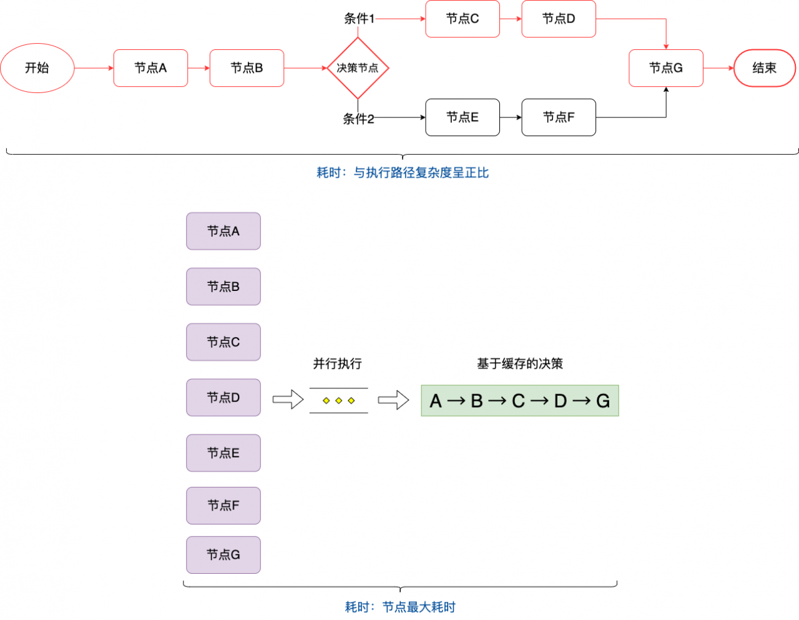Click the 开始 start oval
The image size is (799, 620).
click(37, 68)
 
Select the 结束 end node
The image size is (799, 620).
click(765, 68)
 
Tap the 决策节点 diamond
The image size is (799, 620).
click(358, 68)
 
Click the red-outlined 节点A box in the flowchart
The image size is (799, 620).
click(150, 68)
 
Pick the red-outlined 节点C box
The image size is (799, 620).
click(463, 19)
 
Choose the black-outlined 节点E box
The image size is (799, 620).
click(463, 117)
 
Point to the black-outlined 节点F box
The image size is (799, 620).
click(559, 117)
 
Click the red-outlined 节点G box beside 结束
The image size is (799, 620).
click(666, 68)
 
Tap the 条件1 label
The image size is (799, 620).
click(359, 19)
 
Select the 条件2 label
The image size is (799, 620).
click(358, 119)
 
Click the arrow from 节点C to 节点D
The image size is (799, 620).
click(511, 19)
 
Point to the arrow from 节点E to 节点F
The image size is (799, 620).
click(511, 117)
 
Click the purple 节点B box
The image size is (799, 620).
click(223, 287)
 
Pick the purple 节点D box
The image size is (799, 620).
click(223, 398)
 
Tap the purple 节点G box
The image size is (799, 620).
click(223, 555)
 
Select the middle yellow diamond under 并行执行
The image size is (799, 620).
click(339, 400)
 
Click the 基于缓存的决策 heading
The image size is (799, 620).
click(520, 363)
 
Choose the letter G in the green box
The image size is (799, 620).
click(603, 401)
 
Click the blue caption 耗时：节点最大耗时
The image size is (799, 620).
click(400, 607)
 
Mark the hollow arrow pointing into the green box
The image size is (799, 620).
click(393, 400)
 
